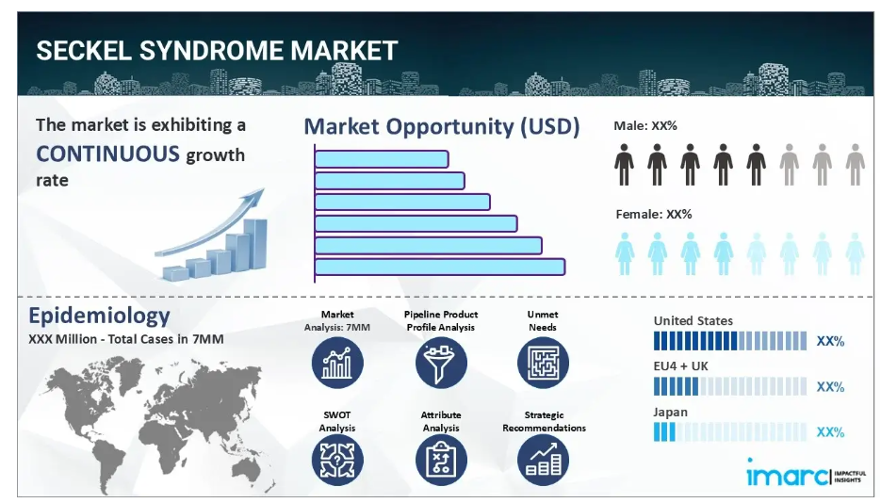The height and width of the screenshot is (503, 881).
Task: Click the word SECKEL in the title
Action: pyautogui.click(x=84, y=51)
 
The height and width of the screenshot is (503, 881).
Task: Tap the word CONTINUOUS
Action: pyautogui.click(x=107, y=154)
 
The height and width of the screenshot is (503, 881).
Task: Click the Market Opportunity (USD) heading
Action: pyautogui.click(x=442, y=126)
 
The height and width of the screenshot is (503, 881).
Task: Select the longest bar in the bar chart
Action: pyautogui.click(x=439, y=267)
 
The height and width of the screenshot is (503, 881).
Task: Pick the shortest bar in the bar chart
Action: pyautogui.click(x=382, y=159)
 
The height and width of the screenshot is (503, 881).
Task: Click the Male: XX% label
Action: pyautogui.click(x=645, y=126)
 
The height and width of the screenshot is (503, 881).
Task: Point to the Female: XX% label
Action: pyautogui.click(x=653, y=214)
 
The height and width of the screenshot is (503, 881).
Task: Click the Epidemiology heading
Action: pyautogui.click(x=100, y=315)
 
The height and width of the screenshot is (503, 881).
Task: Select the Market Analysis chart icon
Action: pyautogui.click(x=337, y=363)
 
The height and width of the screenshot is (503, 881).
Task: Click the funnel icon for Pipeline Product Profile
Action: pyautogui.click(x=441, y=363)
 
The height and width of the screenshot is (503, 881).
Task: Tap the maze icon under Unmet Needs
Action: pyautogui.click(x=543, y=363)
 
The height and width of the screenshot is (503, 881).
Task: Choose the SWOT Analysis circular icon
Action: pyautogui.click(x=337, y=461)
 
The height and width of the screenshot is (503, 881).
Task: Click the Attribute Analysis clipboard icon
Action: pyautogui.click(x=441, y=461)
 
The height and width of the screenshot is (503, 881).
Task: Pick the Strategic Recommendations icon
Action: pyautogui.click(x=543, y=461)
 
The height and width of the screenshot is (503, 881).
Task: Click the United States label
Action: pyautogui.click(x=693, y=321)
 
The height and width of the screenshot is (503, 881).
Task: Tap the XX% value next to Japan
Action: pyautogui.click(x=830, y=432)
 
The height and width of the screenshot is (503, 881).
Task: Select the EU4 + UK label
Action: pyautogui.click(x=680, y=366)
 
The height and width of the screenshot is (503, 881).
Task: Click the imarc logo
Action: pyautogui.click(x=806, y=473)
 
